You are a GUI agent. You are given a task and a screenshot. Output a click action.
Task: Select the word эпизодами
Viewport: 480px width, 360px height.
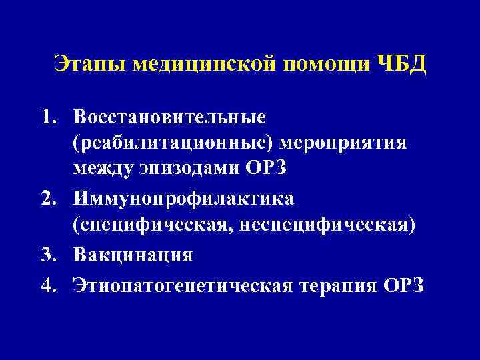pyautogui.click(x=187, y=170)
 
